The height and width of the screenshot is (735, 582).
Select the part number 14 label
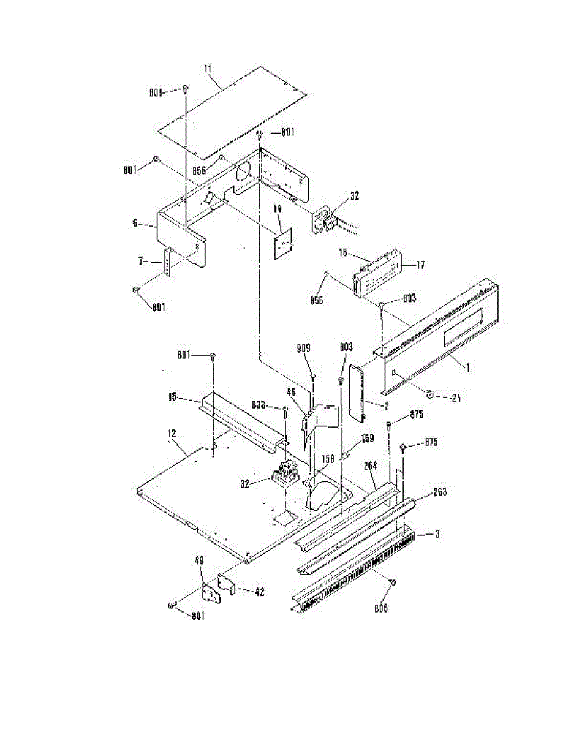(278, 209)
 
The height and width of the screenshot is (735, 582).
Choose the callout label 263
(440, 492)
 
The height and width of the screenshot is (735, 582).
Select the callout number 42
(259, 592)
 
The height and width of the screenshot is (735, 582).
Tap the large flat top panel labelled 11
(233, 110)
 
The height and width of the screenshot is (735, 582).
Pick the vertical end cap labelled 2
(357, 392)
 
